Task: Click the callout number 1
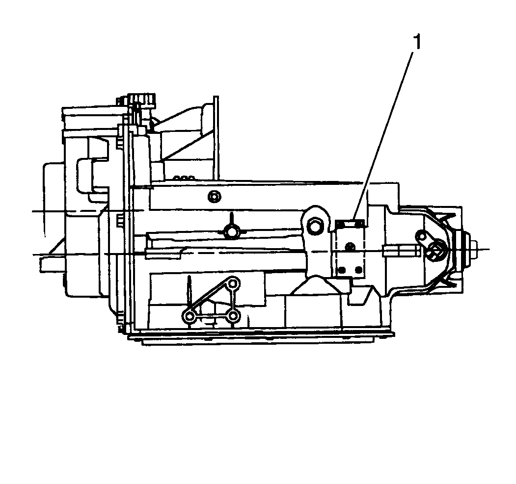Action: [x=417, y=43]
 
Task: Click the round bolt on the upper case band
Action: [x=215, y=197]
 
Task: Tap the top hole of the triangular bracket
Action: [x=233, y=283]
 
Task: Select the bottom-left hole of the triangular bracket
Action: [x=190, y=316]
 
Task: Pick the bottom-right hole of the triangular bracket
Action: [x=233, y=316]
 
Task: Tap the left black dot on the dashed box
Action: [x=342, y=270]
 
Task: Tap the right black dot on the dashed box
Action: [x=358, y=270]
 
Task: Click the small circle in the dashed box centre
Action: [x=351, y=246]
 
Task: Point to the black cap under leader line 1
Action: [x=350, y=224]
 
